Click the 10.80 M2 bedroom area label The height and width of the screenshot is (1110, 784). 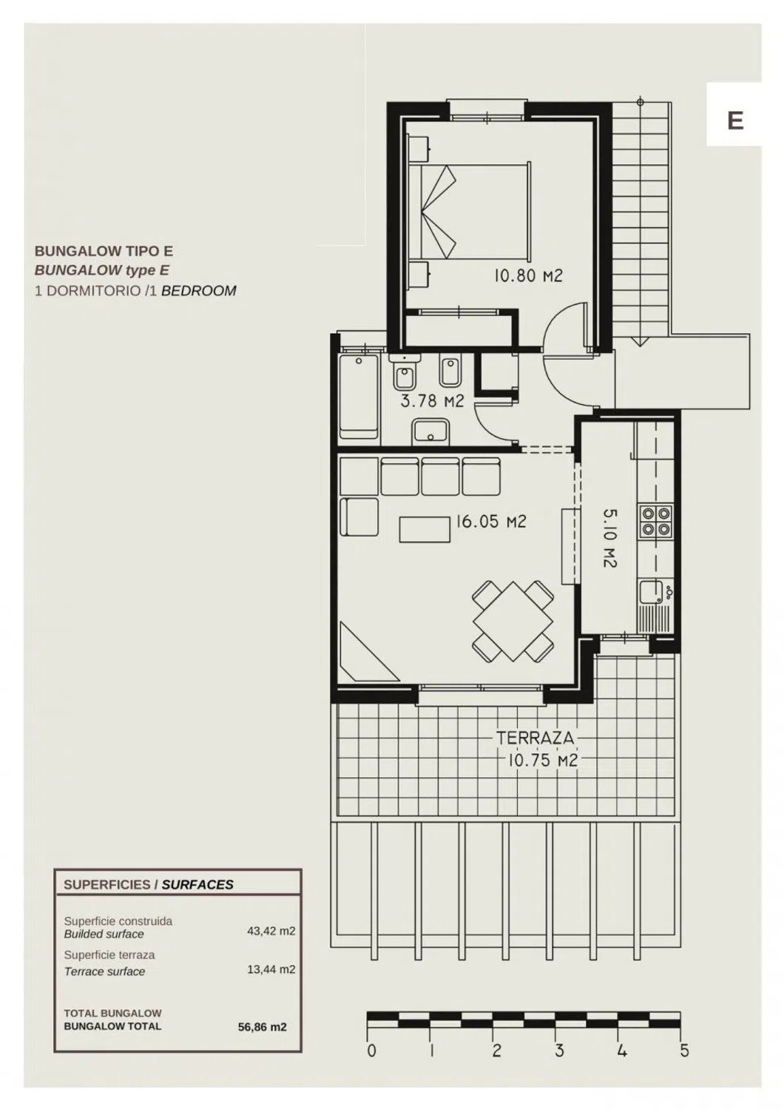coord(528,275)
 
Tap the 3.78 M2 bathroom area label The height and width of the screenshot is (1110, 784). coord(433,400)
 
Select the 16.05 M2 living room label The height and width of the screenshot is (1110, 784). coord(491,521)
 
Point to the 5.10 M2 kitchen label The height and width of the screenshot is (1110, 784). coord(609,539)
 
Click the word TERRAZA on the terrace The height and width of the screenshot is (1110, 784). coord(535,738)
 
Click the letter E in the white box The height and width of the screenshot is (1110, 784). coord(735,121)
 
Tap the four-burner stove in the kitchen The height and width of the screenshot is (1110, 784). coord(655,521)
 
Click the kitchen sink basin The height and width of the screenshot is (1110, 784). coord(651,592)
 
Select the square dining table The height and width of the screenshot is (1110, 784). coord(513,622)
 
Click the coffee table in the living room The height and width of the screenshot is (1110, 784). coord(425,529)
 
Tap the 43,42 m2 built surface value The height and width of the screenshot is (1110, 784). coord(271,931)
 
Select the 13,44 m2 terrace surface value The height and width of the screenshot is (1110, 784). coord(271,969)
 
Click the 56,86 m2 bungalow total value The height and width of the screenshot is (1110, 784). coord(262,1027)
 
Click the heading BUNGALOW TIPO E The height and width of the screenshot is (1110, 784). coord(104,252)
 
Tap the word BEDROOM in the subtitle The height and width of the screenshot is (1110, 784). coord(199,290)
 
